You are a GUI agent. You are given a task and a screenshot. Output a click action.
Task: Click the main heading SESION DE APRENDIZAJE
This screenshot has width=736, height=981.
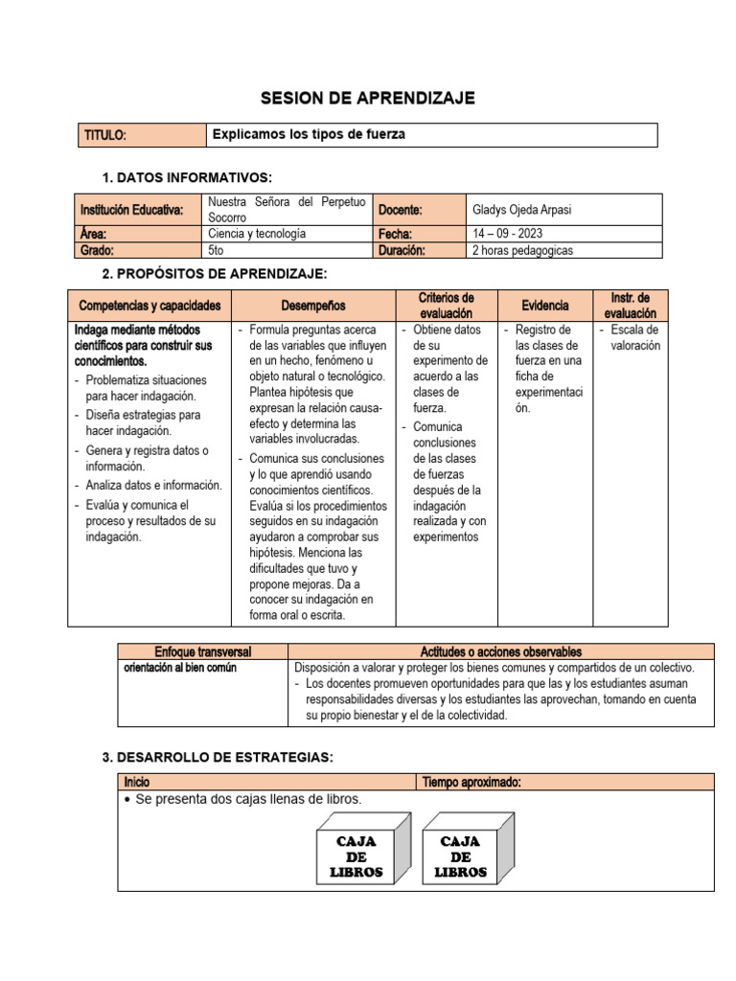[368, 99]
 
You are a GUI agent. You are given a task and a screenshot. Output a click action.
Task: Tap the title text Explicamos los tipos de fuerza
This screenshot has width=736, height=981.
[309, 135]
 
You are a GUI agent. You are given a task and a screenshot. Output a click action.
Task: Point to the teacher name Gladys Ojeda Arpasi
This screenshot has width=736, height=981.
[521, 210]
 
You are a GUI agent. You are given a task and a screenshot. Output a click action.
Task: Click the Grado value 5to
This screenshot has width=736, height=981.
[217, 250]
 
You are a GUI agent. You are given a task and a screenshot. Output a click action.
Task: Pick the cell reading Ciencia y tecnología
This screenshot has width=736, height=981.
[257, 234]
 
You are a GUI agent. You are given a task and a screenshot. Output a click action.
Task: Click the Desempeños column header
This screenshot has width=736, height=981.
[313, 306]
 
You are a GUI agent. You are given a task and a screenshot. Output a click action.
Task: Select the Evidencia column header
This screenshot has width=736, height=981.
[545, 306]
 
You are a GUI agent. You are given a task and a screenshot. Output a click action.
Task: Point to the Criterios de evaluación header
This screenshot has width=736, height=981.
[446, 306]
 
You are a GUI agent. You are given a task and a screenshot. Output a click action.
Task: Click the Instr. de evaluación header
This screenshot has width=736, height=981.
[630, 306]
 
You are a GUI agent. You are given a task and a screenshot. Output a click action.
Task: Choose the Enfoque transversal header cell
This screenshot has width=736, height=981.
[202, 651]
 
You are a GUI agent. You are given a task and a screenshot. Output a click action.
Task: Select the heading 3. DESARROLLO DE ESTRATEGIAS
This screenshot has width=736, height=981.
[218, 757]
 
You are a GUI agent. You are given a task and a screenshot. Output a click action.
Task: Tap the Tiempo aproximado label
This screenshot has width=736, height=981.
[471, 783]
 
